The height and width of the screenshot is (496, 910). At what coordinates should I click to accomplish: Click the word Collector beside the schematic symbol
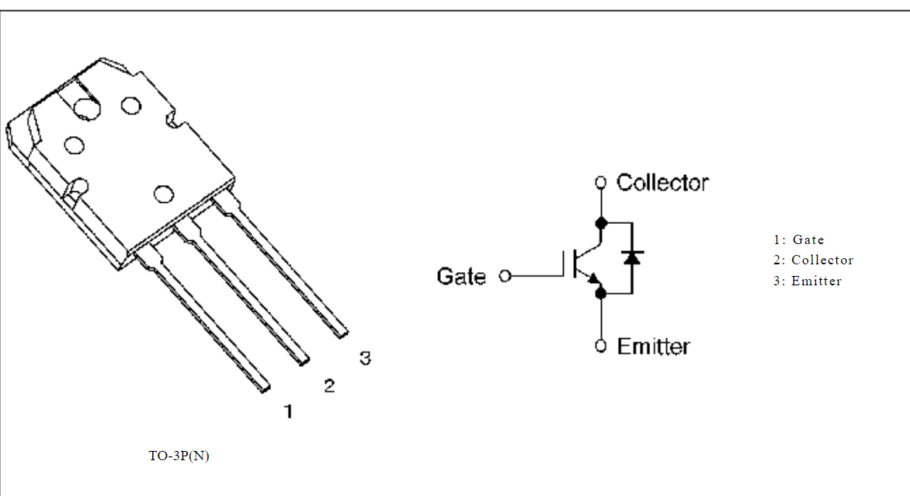pyautogui.click(x=662, y=183)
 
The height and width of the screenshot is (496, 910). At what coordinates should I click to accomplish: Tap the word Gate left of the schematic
pyautogui.click(x=461, y=276)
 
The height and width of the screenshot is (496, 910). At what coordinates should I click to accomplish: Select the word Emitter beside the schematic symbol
pyautogui.click(x=653, y=346)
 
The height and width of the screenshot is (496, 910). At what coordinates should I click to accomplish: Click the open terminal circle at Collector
pyautogui.click(x=600, y=183)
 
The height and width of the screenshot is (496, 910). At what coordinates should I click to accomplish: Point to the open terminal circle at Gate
pyautogui.click(x=505, y=276)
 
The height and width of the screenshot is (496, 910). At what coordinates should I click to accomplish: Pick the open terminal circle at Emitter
pyautogui.click(x=600, y=346)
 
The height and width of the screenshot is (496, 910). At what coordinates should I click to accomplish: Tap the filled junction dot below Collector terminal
pyautogui.click(x=600, y=223)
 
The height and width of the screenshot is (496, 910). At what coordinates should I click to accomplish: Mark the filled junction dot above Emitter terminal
pyautogui.click(x=600, y=293)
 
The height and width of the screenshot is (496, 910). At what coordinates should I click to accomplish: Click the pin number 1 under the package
pyautogui.click(x=288, y=411)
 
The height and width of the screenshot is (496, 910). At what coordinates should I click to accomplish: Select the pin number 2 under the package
pyautogui.click(x=329, y=386)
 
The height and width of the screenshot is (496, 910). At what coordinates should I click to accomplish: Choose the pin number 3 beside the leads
pyautogui.click(x=365, y=358)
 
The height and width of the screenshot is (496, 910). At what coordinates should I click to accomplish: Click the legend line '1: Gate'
pyautogui.click(x=798, y=240)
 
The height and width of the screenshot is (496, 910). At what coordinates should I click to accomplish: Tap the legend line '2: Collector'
pyautogui.click(x=813, y=260)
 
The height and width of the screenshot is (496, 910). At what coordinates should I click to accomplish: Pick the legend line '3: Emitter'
pyautogui.click(x=807, y=281)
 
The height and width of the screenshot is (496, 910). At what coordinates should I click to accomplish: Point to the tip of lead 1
pyautogui.click(x=266, y=386)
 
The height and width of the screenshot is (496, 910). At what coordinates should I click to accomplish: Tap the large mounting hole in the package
pyautogui.click(x=85, y=107)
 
